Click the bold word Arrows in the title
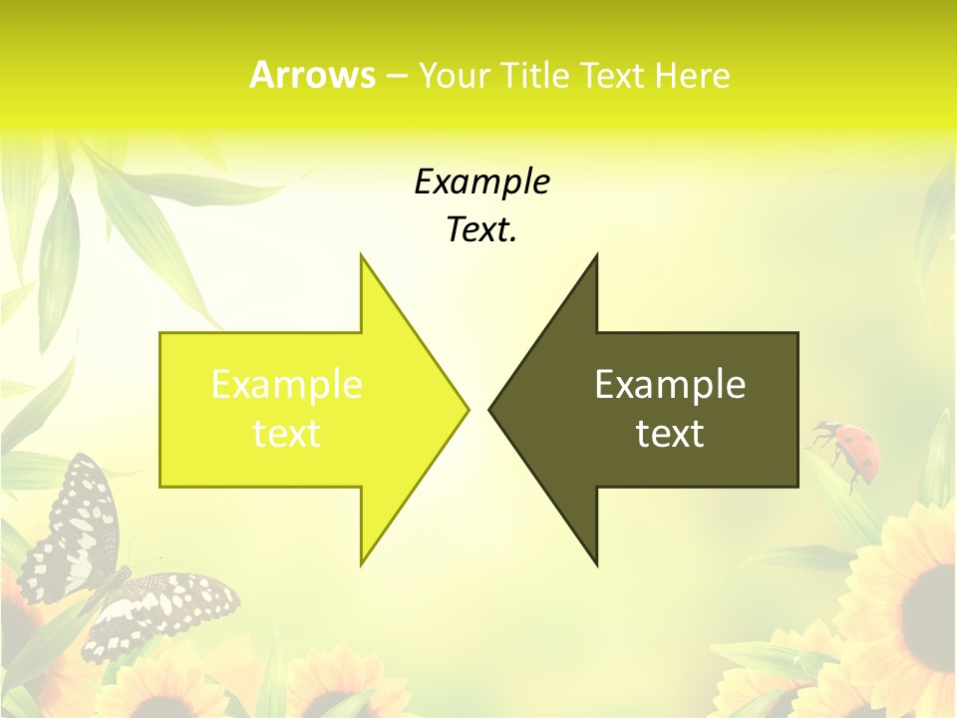(x=312, y=75)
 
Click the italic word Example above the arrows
(x=481, y=182)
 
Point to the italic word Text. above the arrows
(x=481, y=230)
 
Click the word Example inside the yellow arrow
(x=287, y=385)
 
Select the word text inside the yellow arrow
(x=287, y=434)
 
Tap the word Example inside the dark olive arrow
(x=670, y=385)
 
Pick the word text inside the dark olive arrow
(x=670, y=434)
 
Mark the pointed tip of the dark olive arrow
(x=491, y=409)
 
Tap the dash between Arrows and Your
(x=396, y=76)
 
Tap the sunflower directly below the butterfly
(x=159, y=688)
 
